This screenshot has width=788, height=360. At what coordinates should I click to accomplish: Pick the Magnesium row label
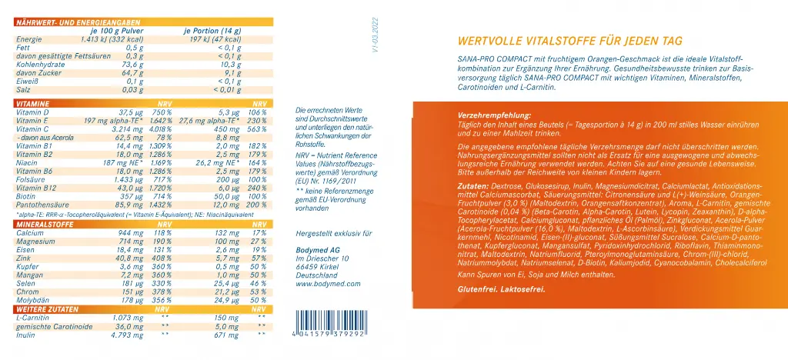point(32,242)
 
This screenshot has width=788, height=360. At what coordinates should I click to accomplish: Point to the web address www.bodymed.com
point(324,285)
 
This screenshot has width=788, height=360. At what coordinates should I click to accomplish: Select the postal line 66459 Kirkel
point(317,267)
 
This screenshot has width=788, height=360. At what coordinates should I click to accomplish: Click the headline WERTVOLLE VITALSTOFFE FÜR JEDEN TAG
point(569,42)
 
